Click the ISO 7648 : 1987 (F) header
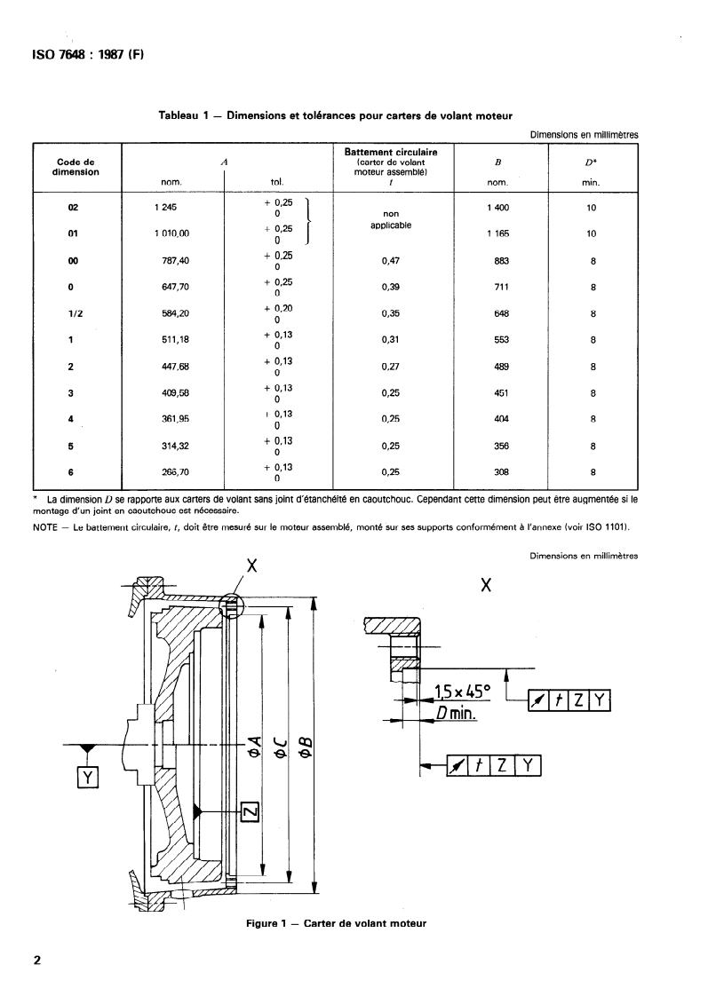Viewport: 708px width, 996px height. pyautogui.click(x=88, y=55)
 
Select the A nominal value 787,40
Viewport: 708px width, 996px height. pyautogui.click(x=175, y=260)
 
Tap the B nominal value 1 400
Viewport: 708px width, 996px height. pyautogui.click(x=497, y=208)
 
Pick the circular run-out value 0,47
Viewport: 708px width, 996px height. pyautogui.click(x=391, y=260)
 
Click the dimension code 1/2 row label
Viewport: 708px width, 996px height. pyautogui.click(x=75, y=313)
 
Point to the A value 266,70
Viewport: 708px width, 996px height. pyautogui.click(x=175, y=472)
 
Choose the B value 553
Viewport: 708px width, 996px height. pyautogui.click(x=501, y=340)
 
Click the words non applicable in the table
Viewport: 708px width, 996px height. pyautogui.click(x=391, y=219)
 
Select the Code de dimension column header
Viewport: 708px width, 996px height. pyautogui.click(x=76, y=167)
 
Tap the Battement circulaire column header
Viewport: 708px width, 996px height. pyautogui.click(x=391, y=153)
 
